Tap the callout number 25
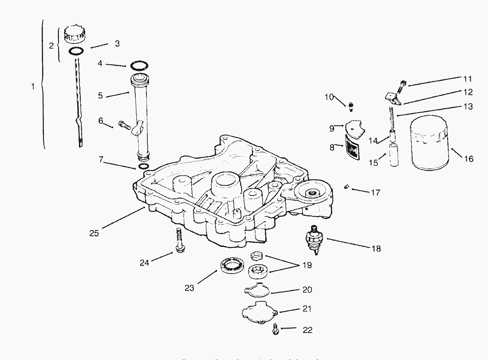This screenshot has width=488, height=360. tap(94, 233)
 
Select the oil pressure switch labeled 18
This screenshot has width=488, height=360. tap(316, 239)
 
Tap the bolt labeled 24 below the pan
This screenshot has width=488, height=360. tap(180, 242)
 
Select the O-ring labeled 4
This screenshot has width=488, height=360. tap(139, 66)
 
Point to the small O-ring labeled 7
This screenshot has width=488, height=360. tap(143, 167)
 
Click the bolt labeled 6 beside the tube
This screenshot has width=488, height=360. tap(124, 125)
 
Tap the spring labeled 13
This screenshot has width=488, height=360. tap(392, 116)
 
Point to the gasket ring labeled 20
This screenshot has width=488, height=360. tap(257, 291)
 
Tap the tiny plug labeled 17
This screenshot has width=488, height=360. tap(346, 188)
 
